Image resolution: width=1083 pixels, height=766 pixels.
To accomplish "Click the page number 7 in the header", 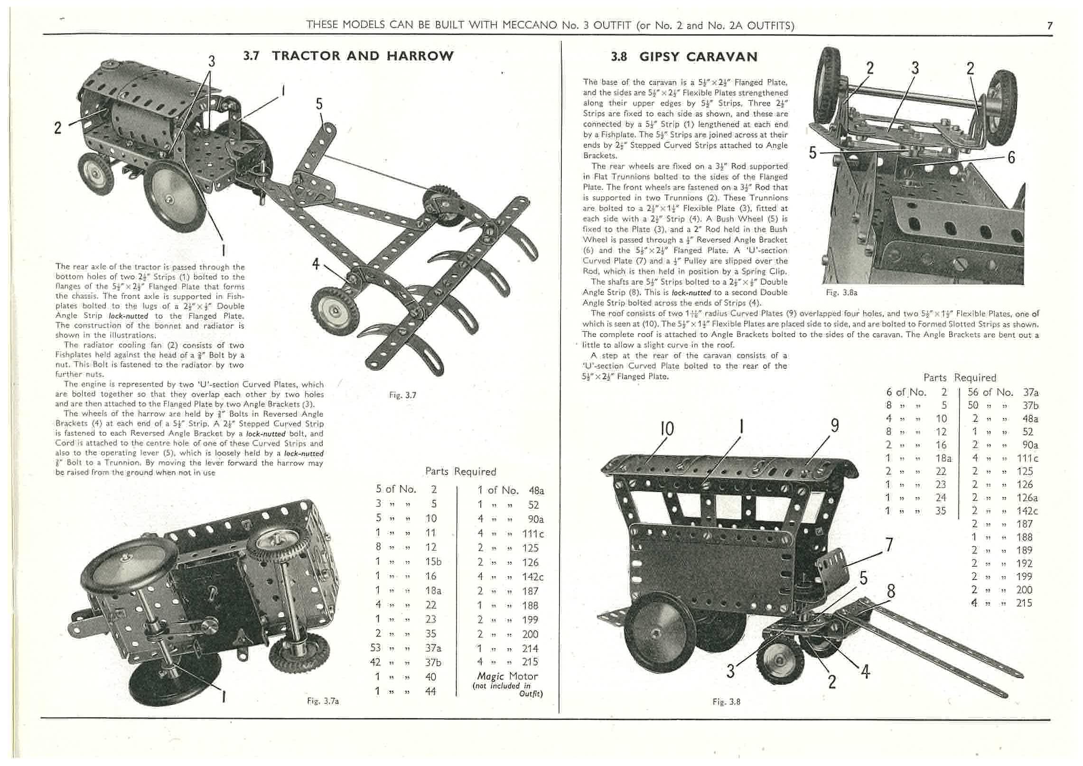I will pyautogui.click(x=1050, y=26).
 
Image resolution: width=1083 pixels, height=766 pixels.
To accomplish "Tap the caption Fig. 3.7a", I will pyautogui.click(x=323, y=701).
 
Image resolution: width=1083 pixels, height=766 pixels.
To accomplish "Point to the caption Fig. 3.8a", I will pyautogui.click(x=841, y=293).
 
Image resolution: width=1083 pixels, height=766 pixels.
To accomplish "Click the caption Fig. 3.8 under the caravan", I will pyautogui.click(x=726, y=702).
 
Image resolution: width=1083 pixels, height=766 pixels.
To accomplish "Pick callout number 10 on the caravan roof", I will pyautogui.click(x=667, y=429).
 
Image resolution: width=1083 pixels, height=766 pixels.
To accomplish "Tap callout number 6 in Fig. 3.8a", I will pyautogui.click(x=1011, y=157).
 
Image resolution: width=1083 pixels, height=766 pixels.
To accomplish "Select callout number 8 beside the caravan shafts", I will pyautogui.click(x=891, y=591).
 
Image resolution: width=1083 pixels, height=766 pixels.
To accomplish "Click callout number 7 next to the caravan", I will pyautogui.click(x=889, y=544).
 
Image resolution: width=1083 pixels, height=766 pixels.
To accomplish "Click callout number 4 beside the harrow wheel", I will pyautogui.click(x=316, y=264).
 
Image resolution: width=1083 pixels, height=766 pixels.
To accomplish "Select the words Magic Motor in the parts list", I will pyautogui.click(x=507, y=676).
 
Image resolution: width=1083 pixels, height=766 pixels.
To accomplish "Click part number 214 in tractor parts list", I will pyautogui.click(x=530, y=648).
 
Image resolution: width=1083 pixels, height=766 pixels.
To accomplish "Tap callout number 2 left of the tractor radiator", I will pyautogui.click(x=57, y=128).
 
